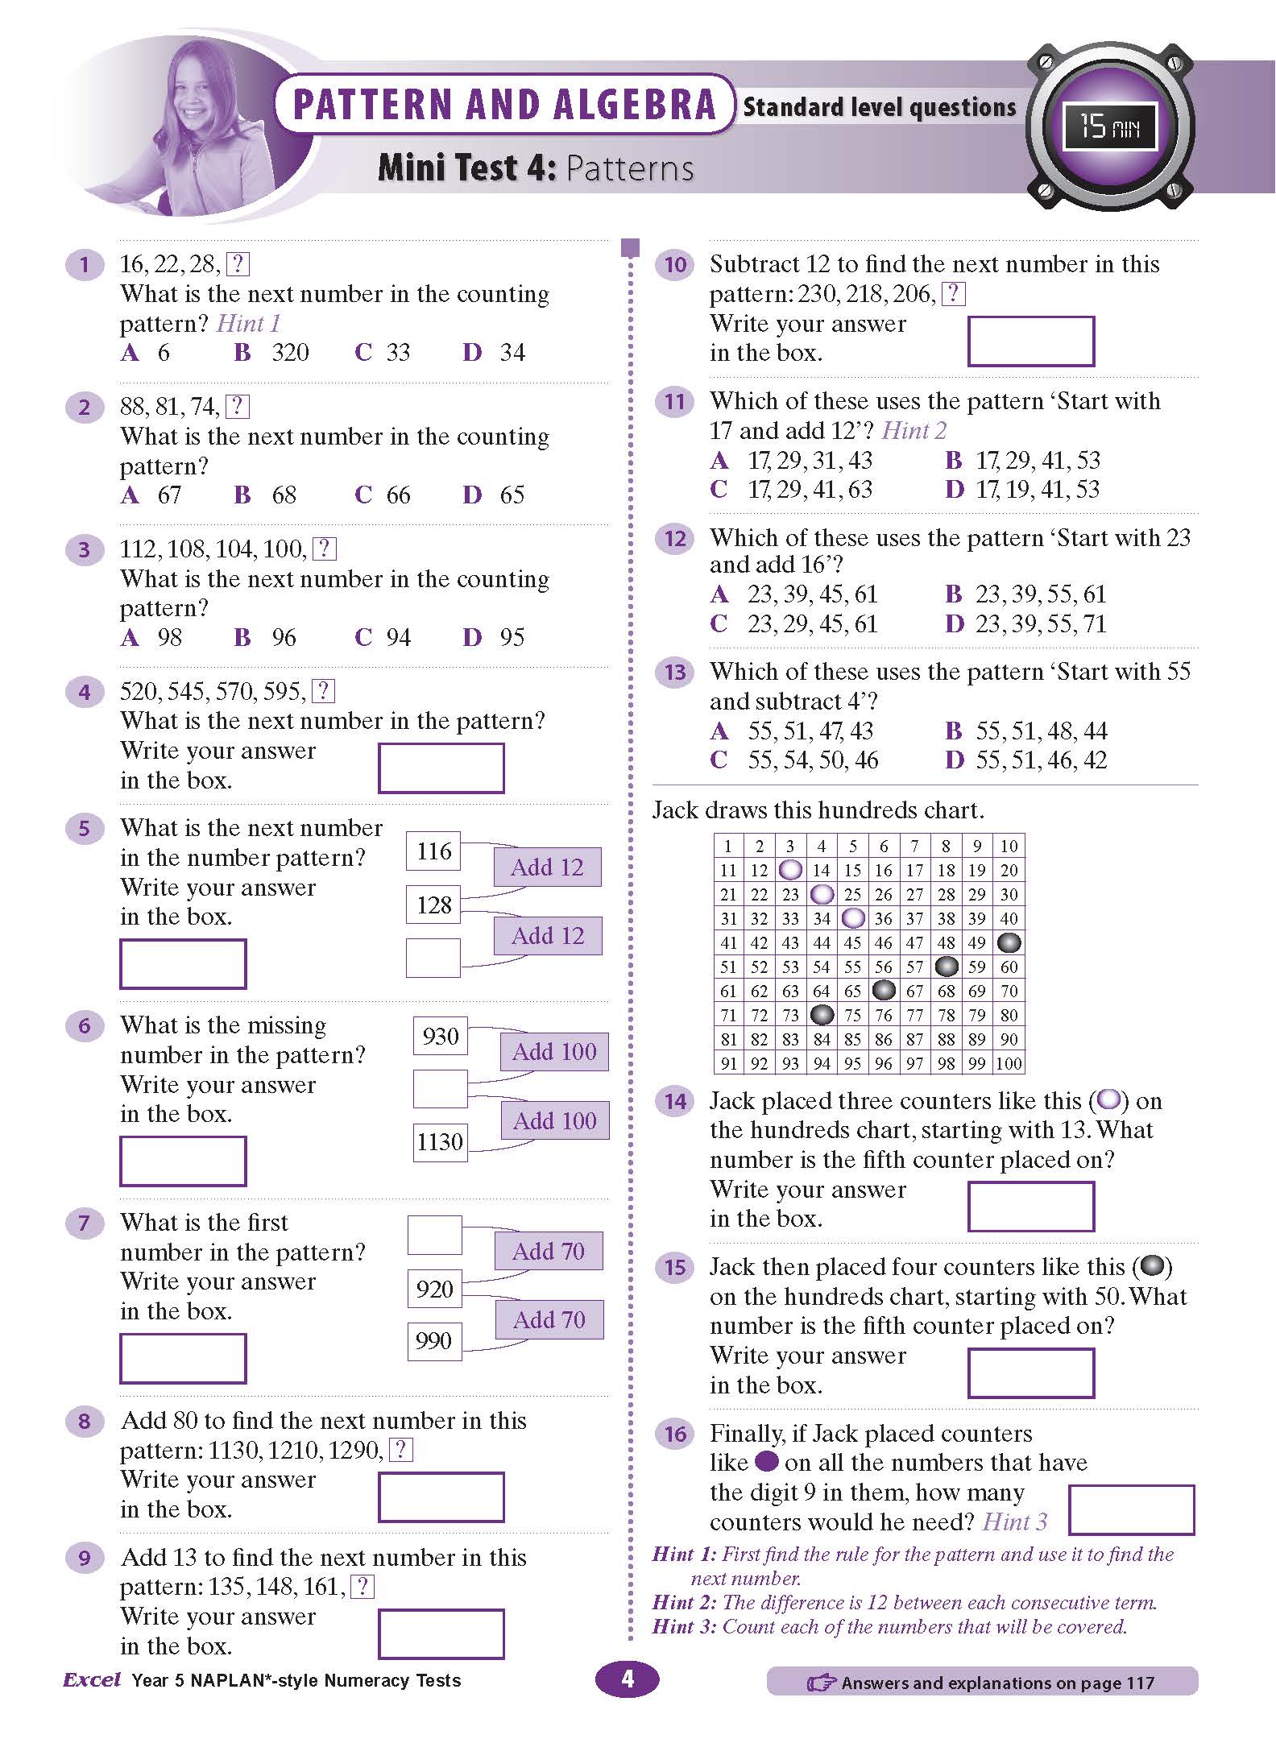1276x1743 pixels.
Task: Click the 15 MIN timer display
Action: (x=1109, y=126)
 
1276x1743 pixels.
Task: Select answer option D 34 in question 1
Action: (x=494, y=352)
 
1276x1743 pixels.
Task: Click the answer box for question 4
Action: (x=441, y=768)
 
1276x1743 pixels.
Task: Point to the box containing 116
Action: (x=433, y=851)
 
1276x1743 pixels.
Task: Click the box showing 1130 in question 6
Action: (x=440, y=1141)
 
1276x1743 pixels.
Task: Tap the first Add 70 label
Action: (x=549, y=1251)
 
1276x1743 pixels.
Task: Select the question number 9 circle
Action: (x=85, y=1558)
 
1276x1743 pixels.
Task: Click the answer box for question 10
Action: (x=1030, y=341)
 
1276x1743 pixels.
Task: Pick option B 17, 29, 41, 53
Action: (x=1022, y=461)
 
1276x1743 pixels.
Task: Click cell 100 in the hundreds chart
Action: (x=1009, y=1063)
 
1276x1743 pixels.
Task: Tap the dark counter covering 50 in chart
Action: (x=1009, y=942)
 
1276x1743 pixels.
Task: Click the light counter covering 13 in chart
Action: (x=791, y=870)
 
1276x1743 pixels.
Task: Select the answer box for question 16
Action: (x=1131, y=1510)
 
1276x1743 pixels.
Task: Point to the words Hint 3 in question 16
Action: (x=1015, y=1522)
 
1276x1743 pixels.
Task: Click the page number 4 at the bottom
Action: (x=627, y=1679)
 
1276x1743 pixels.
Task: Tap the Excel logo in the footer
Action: (x=92, y=1680)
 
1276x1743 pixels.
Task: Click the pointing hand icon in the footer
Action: (x=821, y=1683)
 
